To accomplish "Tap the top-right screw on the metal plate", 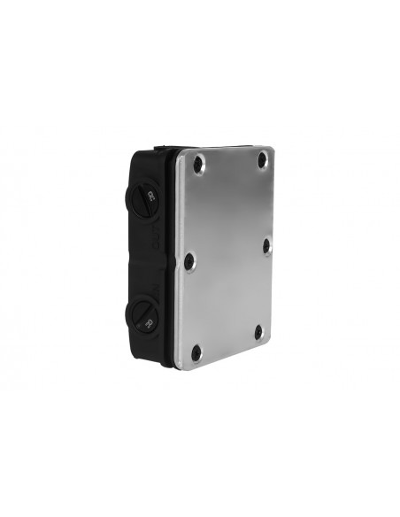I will point(262,160).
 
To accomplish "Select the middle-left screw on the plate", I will point(188,259).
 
